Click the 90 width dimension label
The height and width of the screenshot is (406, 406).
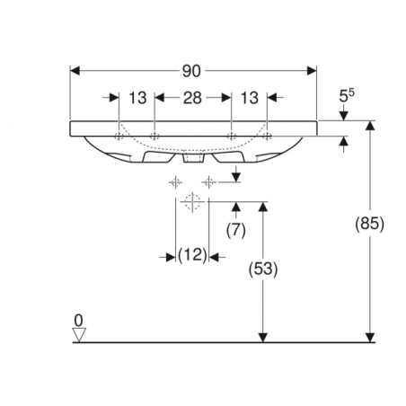(191, 71)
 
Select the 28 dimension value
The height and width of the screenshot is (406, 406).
(192, 98)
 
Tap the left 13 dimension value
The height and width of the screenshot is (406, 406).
(137, 98)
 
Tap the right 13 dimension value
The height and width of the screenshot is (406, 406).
(250, 98)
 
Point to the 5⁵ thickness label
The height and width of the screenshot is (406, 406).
(347, 95)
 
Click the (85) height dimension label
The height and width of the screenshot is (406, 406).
(369, 224)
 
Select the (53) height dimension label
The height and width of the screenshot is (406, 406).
(263, 269)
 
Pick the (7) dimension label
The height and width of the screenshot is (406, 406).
(236, 230)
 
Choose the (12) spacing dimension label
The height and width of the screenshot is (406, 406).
(192, 255)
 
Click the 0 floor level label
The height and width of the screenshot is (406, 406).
(78, 321)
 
